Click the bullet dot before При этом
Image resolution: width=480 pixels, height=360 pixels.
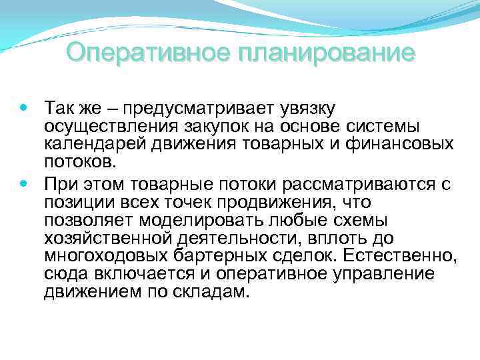(24, 183)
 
